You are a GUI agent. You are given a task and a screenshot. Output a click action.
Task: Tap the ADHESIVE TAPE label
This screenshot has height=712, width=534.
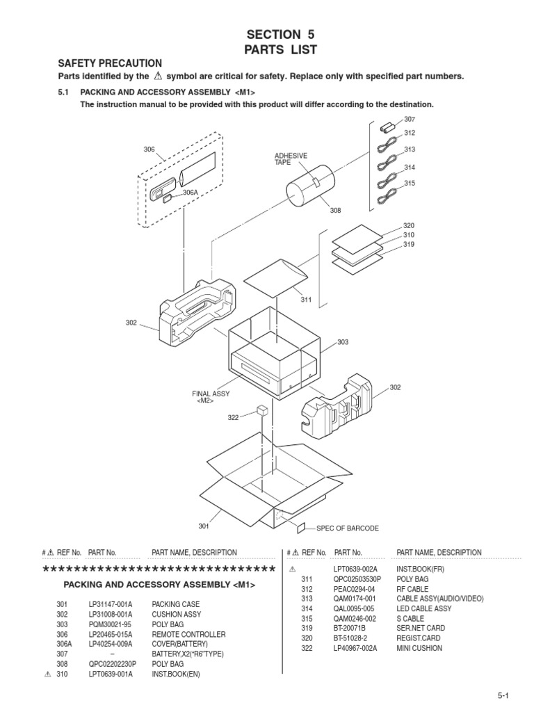point(291,159)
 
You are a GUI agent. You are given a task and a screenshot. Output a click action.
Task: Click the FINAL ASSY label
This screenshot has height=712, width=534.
point(211,394)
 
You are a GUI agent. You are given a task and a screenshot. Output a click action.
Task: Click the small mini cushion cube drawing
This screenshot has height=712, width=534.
point(263,410)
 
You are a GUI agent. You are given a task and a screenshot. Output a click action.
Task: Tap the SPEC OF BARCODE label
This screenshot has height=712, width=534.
point(348,528)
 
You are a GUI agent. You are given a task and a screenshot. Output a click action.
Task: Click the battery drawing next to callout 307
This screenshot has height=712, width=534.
point(387,128)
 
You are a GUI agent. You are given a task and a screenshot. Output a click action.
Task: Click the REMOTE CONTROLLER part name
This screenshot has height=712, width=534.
point(188,635)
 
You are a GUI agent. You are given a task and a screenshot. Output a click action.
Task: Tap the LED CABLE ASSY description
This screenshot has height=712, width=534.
point(423,608)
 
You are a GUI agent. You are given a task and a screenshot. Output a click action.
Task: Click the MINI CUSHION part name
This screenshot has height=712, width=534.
point(419,649)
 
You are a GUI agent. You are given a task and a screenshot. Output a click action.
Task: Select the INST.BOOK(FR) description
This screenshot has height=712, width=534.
point(420,569)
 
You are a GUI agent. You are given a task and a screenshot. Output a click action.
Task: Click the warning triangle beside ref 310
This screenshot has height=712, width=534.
point(47,674)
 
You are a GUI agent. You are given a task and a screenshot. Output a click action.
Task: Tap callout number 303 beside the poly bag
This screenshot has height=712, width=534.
point(343,342)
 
